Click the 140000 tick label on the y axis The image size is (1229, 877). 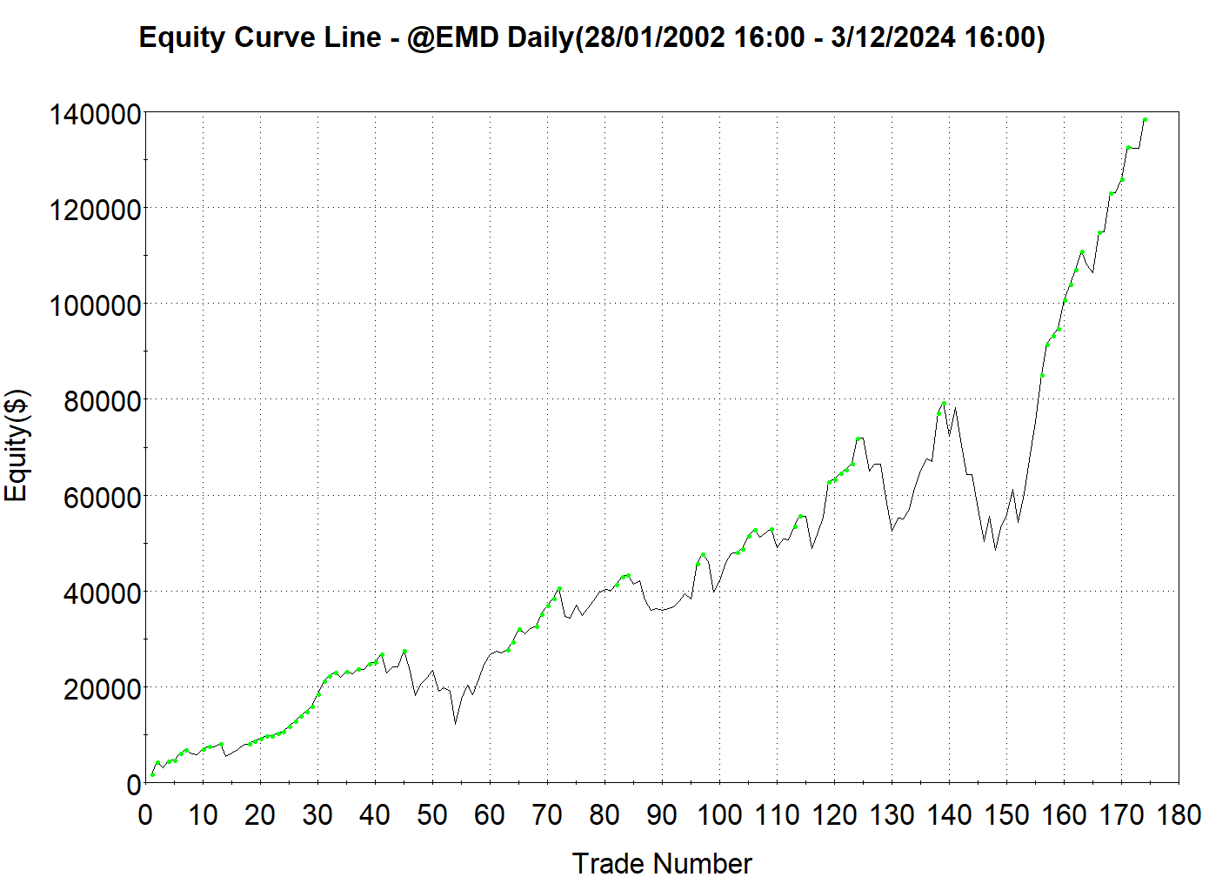pos(95,114)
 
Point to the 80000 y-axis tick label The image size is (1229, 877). pos(102,401)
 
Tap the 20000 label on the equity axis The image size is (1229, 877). pos(102,688)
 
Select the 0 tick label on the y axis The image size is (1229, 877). pos(133,784)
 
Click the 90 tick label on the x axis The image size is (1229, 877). pos(662,815)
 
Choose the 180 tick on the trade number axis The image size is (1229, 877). pos(1179,815)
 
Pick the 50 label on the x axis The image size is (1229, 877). pos(432,815)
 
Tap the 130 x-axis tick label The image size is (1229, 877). pos(892,815)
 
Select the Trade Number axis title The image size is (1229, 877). pos(662,862)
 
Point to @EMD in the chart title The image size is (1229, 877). pos(451,38)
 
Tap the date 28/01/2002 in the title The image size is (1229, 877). pos(652,38)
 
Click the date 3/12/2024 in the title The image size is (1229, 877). pos(893,38)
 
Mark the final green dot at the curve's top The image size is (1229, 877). pos(1146,120)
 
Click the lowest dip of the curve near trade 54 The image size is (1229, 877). pos(455,723)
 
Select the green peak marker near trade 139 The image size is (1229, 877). pos(944,403)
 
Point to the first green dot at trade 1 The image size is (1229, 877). pos(152,774)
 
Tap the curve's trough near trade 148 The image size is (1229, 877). pos(996,549)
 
